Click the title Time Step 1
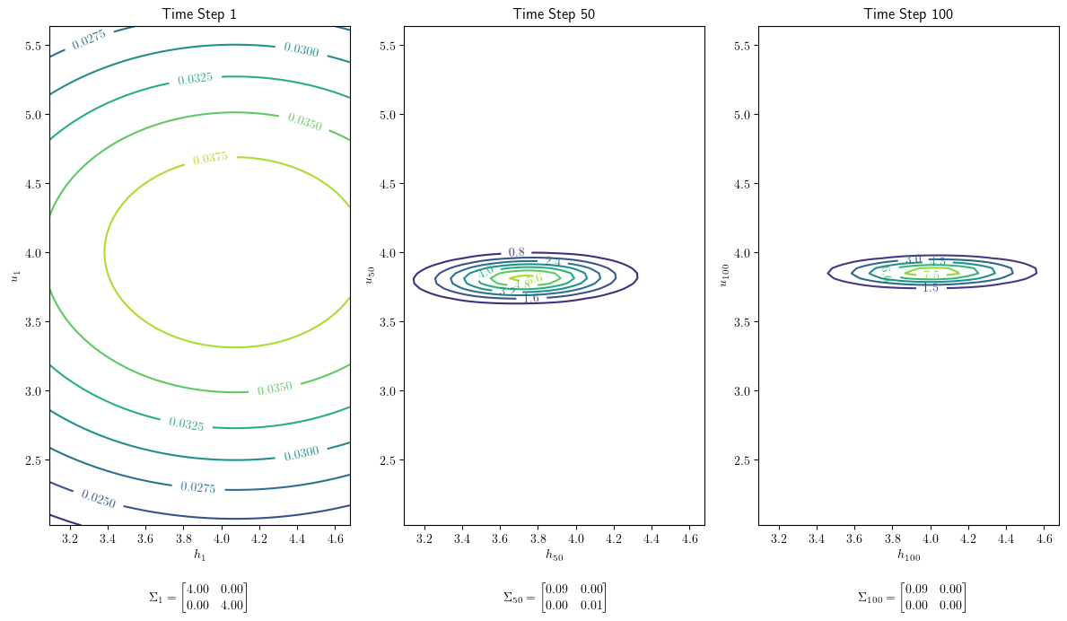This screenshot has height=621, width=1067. pos(198,13)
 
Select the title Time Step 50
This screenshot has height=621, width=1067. pos(554,13)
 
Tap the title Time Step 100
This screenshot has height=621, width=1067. pos(908,13)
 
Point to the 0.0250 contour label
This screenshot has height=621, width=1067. pos(98,498)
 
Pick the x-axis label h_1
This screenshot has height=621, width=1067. pos(199,555)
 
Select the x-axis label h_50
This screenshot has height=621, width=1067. pos(554,555)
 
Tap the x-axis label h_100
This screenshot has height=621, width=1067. pos(908,555)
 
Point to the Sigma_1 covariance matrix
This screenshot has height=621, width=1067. pos(198,598)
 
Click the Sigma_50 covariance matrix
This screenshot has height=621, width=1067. pos(555,598)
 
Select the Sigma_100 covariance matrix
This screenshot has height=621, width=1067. pos(912,598)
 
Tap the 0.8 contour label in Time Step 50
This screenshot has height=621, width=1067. pos(516,253)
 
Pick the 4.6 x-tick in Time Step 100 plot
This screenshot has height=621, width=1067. pos(1044,538)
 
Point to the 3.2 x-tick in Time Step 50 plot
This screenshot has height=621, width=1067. pos(424,538)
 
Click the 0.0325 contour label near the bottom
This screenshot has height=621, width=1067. pos(186,424)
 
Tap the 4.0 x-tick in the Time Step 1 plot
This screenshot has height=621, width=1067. pos(222,538)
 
